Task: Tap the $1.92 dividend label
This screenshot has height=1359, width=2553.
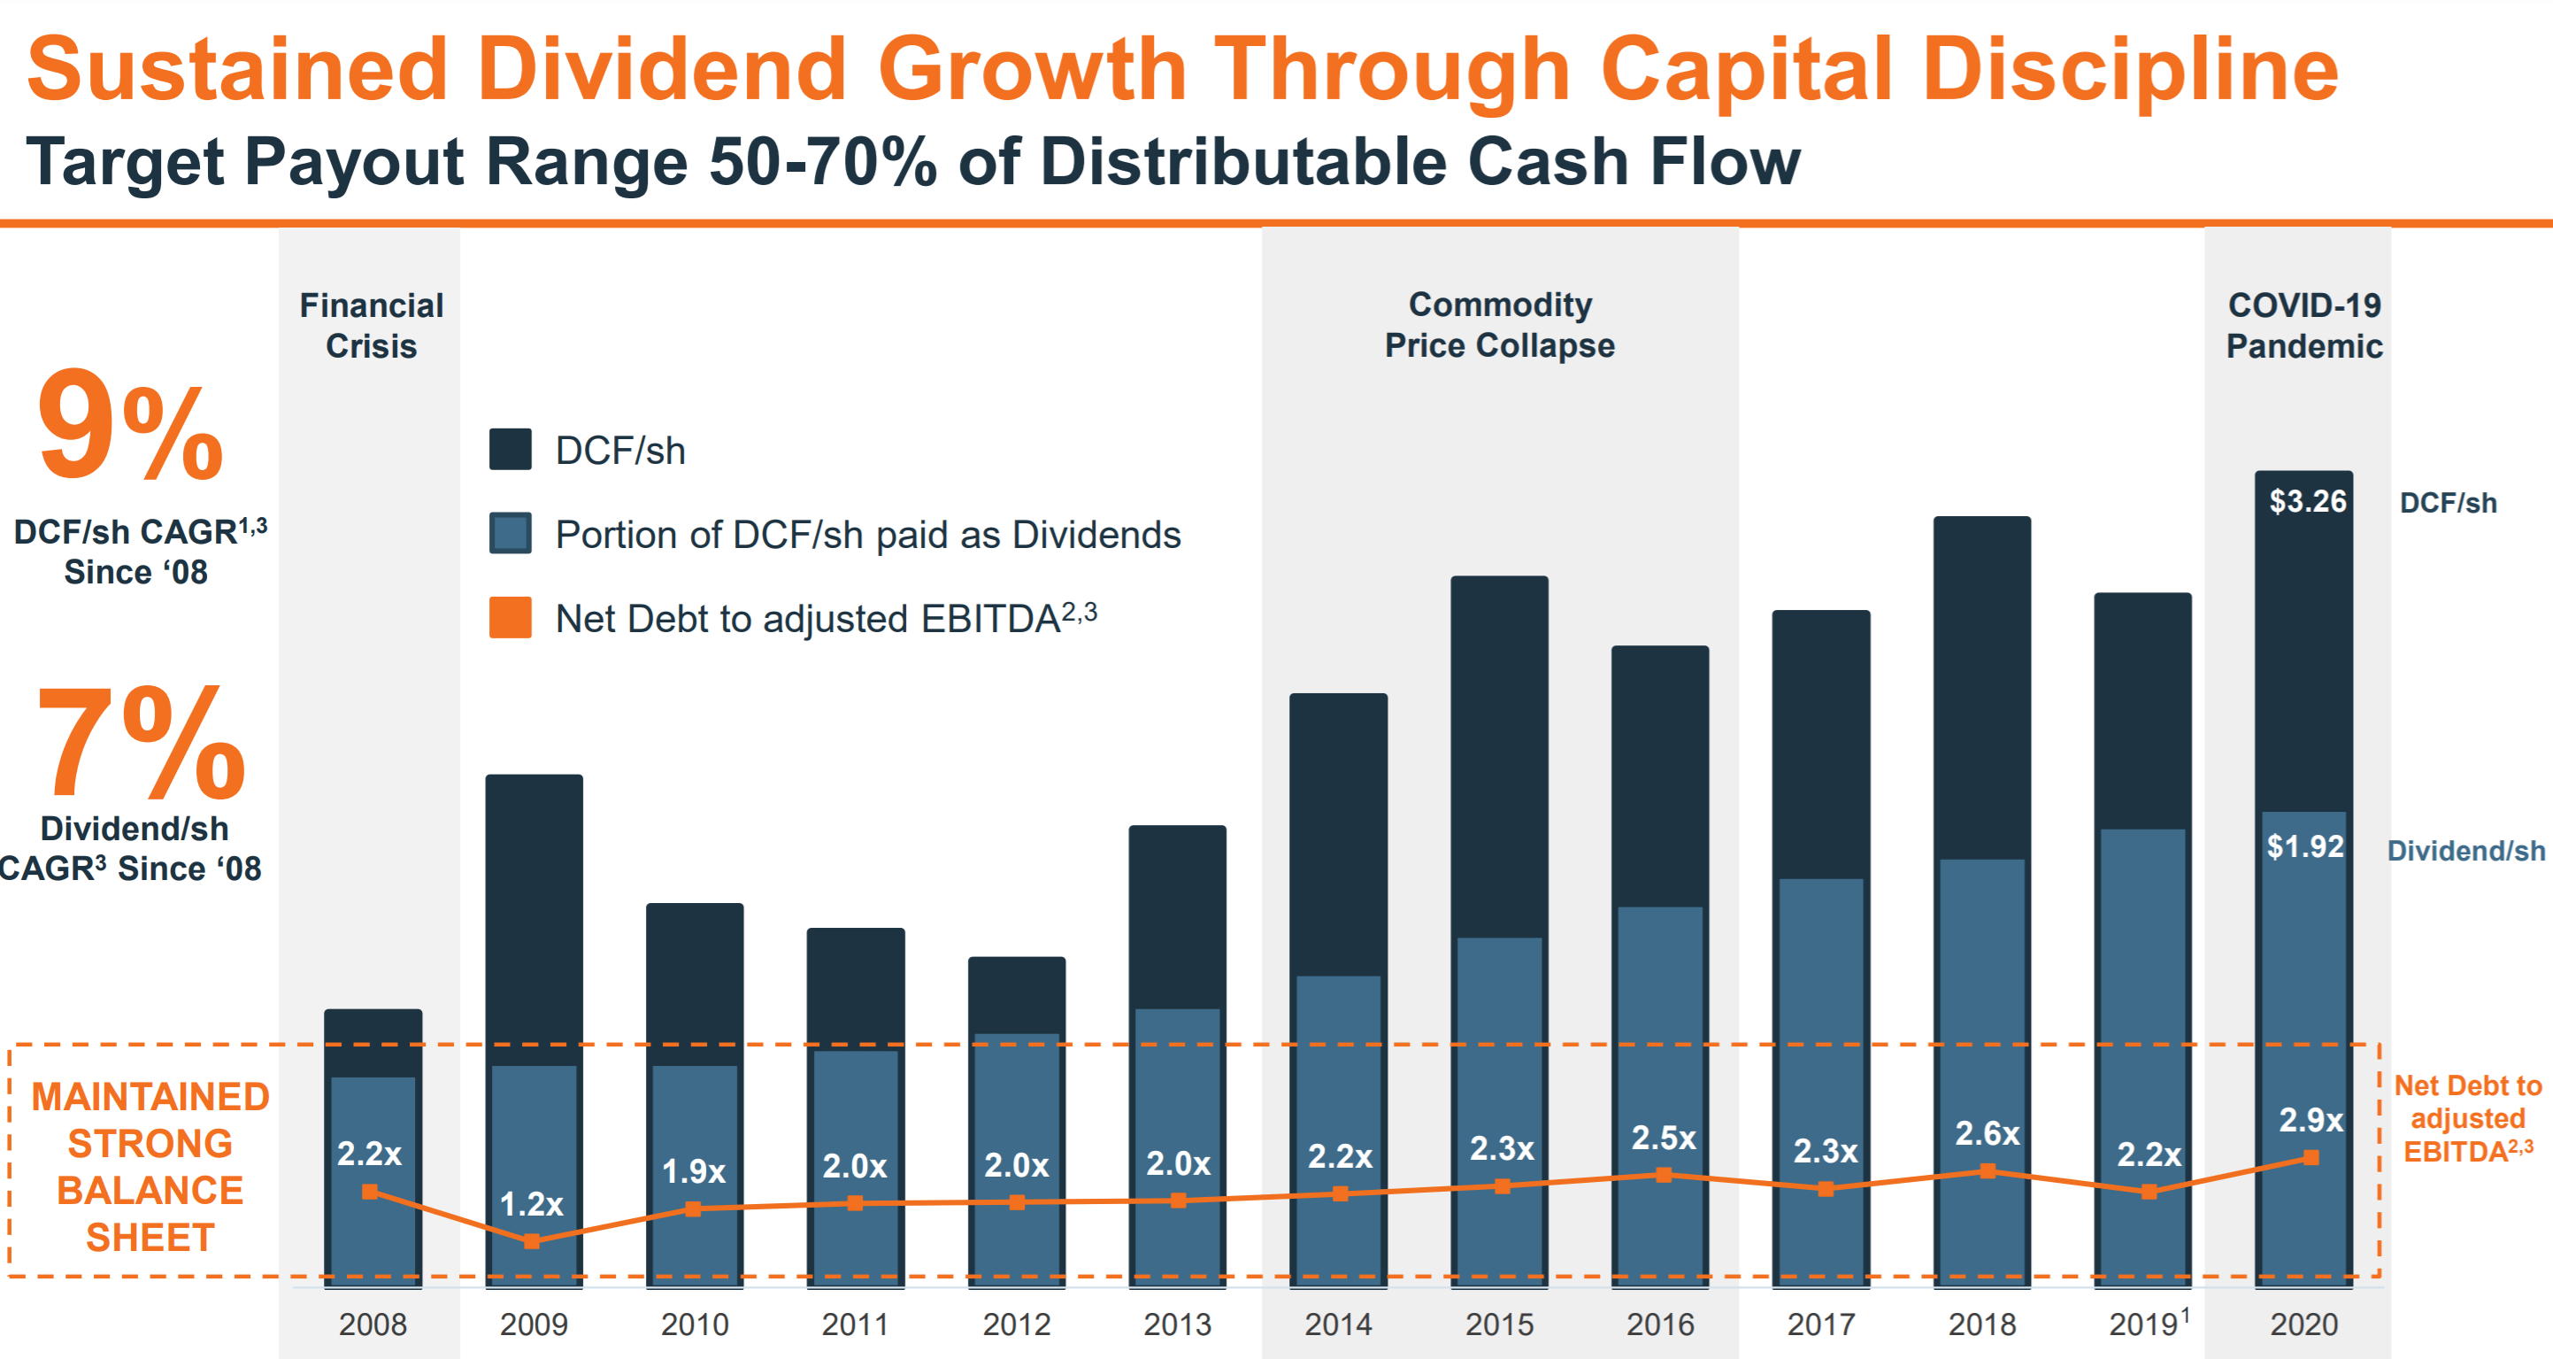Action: pyautogui.click(x=2305, y=846)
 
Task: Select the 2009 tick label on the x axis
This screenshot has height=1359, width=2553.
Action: pyautogui.click(x=534, y=1324)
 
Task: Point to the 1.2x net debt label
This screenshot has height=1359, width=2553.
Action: pyautogui.click(x=531, y=1203)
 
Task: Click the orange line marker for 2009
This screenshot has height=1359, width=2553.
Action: pyautogui.click(x=532, y=1240)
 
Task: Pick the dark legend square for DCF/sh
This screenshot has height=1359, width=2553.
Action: pyautogui.click(x=511, y=449)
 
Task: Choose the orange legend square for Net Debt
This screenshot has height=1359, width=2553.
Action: pyautogui.click(x=511, y=618)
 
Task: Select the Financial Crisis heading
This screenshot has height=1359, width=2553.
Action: pyautogui.click(x=371, y=325)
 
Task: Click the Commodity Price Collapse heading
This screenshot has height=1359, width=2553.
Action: pyautogui.click(x=1498, y=324)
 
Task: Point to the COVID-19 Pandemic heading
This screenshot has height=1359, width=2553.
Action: pyautogui.click(x=2303, y=325)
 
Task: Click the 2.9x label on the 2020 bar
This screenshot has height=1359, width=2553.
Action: pyautogui.click(x=2311, y=1120)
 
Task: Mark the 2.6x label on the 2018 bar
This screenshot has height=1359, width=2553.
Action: pyautogui.click(x=1986, y=1133)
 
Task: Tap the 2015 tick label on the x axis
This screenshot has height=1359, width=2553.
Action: pyautogui.click(x=1498, y=1324)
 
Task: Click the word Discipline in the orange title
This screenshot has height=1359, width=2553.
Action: pyautogui.click(x=2131, y=69)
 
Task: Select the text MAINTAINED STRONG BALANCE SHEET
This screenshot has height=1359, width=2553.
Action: pyautogui.click(x=150, y=1167)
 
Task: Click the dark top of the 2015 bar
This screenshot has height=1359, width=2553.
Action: pyautogui.click(x=1498, y=753)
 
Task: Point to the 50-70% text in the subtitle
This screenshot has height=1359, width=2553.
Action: pyautogui.click(x=823, y=161)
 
